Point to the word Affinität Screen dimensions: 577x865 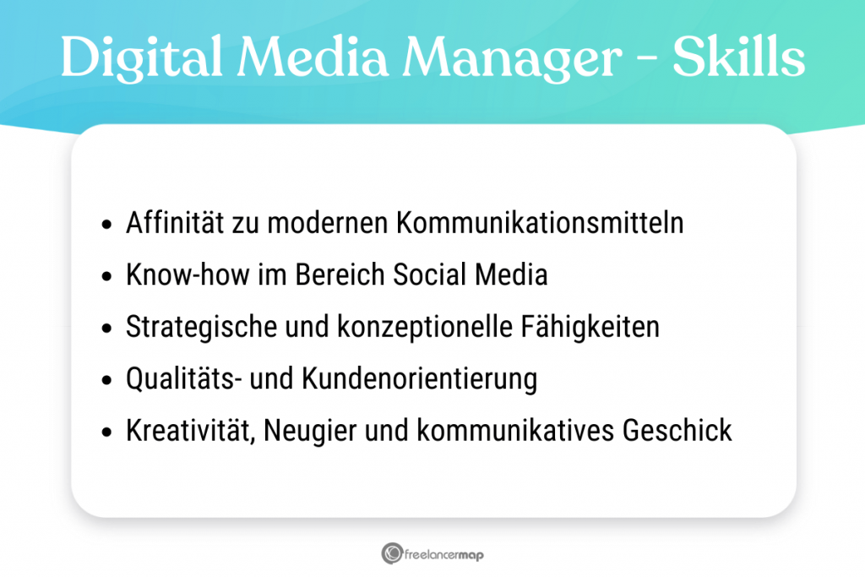point(174,224)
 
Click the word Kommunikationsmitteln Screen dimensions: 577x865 point(540,224)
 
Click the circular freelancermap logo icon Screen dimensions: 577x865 point(390,553)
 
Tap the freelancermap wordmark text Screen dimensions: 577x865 point(444,554)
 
